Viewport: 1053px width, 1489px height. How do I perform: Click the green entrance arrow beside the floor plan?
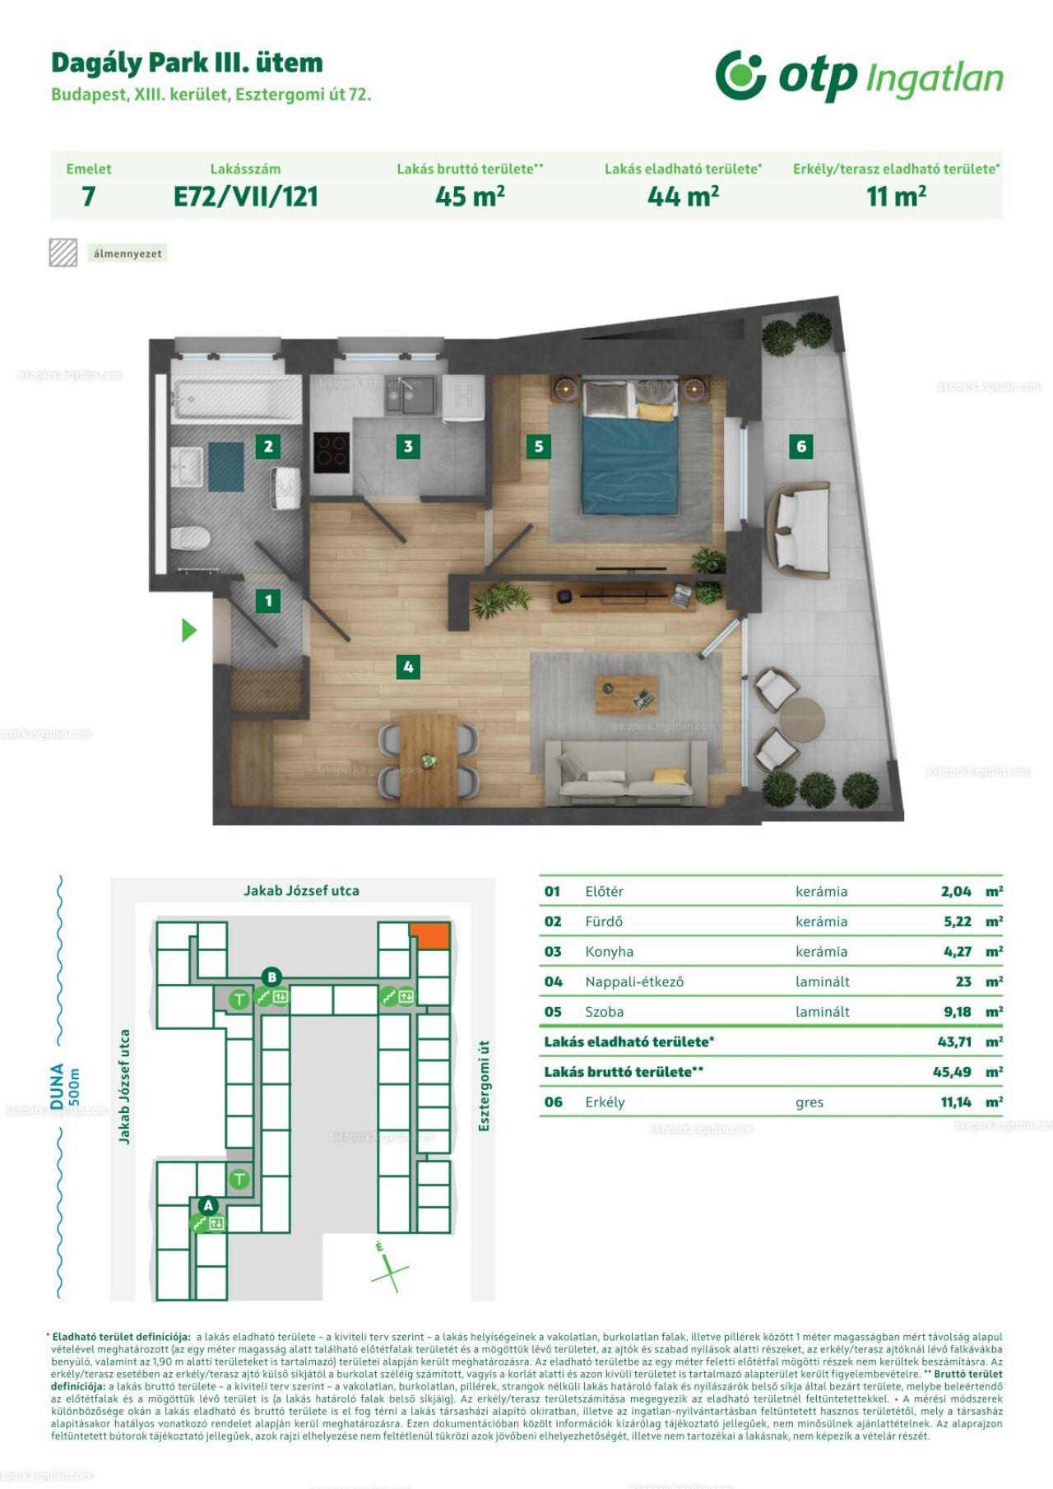click(x=189, y=630)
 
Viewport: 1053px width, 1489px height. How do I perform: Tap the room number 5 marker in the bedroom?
click(x=539, y=446)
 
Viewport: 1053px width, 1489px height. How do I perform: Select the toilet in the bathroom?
click(x=191, y=538)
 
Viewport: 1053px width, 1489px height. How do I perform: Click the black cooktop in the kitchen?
click(x=332, y=452)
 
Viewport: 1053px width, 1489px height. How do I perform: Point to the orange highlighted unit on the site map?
click(x=430, y=935)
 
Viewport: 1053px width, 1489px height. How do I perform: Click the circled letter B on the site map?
click(x=271, y=977)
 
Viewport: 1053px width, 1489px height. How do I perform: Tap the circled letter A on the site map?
click(x=208, y=1205)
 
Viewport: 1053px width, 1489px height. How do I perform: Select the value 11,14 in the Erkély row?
click(x=956, y=1102)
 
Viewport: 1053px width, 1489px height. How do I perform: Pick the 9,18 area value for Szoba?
click(x=958, y=1012)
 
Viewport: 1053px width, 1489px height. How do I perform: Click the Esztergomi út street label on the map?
click(x=484, y=1086)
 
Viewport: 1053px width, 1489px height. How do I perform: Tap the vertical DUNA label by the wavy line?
click(x=57, y=1086)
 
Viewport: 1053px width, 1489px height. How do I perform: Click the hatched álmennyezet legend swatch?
click(x=63, y=253)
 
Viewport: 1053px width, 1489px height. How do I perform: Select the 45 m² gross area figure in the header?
click(x=470, y=196)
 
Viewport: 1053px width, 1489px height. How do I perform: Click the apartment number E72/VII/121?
click(x=245, y=197)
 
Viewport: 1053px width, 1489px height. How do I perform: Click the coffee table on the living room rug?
click(x=627, y=694)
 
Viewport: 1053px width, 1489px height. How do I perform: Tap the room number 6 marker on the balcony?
click(x=801, y=446)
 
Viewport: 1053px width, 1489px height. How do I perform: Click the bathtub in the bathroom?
click(x=236, y=400)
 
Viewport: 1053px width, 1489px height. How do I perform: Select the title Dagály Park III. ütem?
click(x=187, y=63)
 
